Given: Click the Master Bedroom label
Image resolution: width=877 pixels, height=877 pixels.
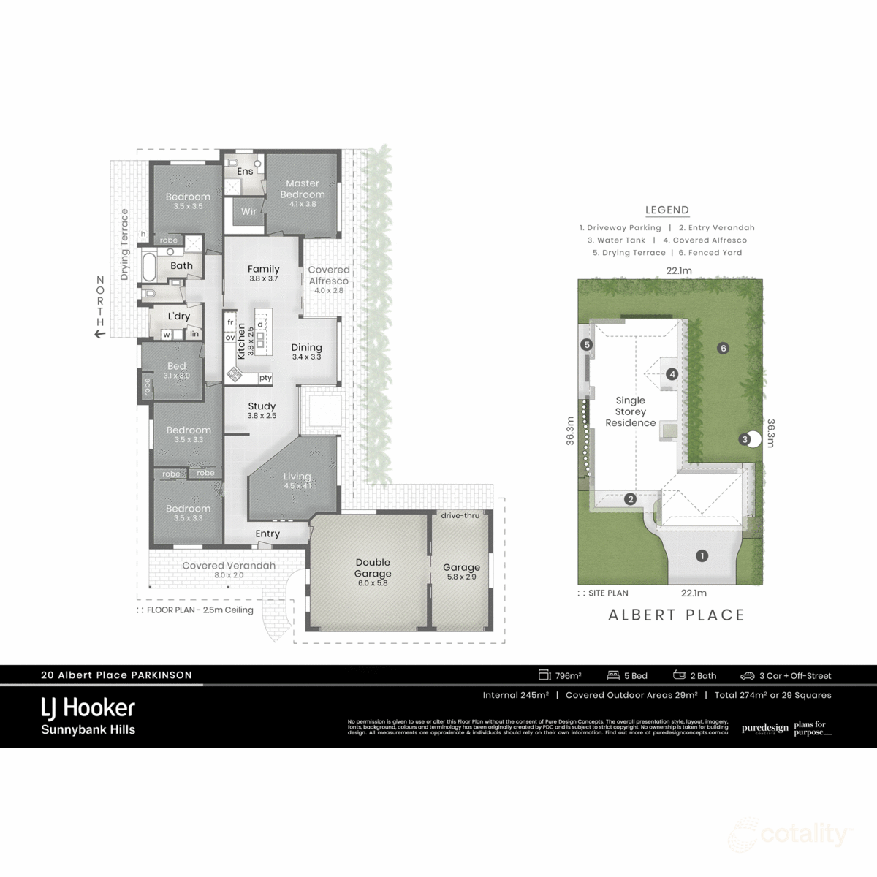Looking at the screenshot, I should coord(303,189).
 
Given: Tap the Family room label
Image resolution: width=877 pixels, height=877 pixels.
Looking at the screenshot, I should coord(263,269).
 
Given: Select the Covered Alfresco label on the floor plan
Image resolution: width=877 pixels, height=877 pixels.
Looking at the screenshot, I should coord(329,275).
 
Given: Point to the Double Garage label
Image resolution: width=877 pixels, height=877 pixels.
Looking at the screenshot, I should coord(373,568).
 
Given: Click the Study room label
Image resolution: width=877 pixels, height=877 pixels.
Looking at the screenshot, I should coord(262,406).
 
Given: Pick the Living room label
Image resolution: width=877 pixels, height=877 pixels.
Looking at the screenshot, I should coord(297,477).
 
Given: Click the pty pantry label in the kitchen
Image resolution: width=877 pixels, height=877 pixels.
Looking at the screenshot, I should coord(265,378).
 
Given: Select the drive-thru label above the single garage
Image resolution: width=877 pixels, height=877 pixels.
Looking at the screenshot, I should coord(460,515).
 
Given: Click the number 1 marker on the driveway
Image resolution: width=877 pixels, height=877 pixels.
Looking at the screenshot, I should coord(702,555).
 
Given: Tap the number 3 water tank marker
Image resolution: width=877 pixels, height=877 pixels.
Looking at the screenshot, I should coord(745,439).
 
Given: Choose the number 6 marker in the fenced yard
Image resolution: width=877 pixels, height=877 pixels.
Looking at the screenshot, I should coord(724,348).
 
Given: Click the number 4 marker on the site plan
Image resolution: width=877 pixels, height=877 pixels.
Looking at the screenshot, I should coord(672,374).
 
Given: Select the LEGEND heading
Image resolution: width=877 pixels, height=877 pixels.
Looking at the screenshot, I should coord(667,210).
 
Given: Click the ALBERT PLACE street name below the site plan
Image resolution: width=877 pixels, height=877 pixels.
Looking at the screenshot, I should coord(676,615).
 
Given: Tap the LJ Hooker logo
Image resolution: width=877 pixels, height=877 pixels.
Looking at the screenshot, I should coord(88,707).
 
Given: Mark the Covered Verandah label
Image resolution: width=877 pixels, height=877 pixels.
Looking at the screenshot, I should coord(229,566).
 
